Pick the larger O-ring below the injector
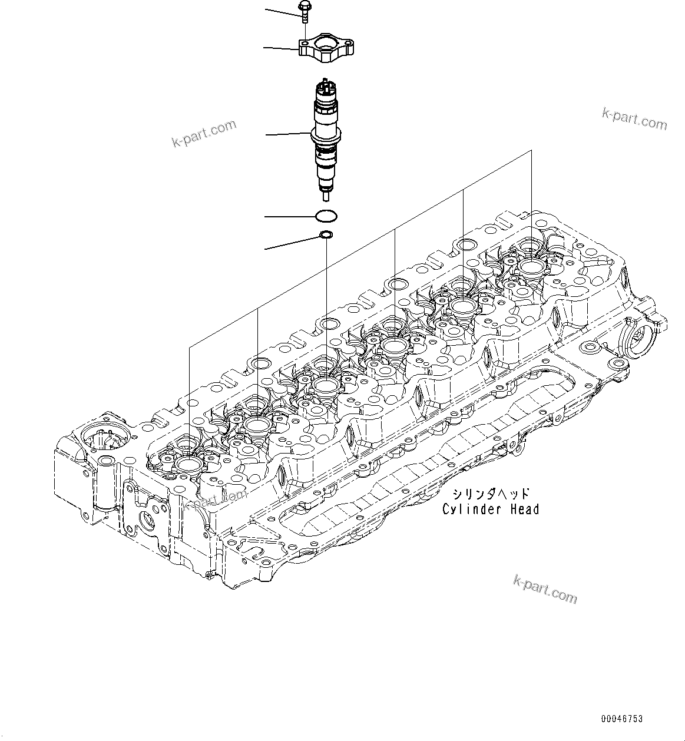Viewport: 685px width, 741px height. pyautogui.click(x=326, y=216)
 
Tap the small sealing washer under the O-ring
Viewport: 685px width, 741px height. pyautogui.click(x=325, y=236)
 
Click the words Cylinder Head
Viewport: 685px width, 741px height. pyautogui.click(x=491, y=510)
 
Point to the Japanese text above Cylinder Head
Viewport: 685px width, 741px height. pyautogui.click(x=491, y=494)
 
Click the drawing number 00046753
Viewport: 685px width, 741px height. pyautogui.click(x=622, y=719)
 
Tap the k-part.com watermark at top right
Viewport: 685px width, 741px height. pyautogui.click(x=634, y=119)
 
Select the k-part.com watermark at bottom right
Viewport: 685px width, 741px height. pyautogui.click(x=545, y=588)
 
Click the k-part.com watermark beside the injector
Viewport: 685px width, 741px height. pyautogui.click(x=204, y=133)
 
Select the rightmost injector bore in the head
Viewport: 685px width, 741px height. pyautogui.click(x=532, y=267)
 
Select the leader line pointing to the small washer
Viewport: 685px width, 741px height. pyautogui.click(x=292, y=243)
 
